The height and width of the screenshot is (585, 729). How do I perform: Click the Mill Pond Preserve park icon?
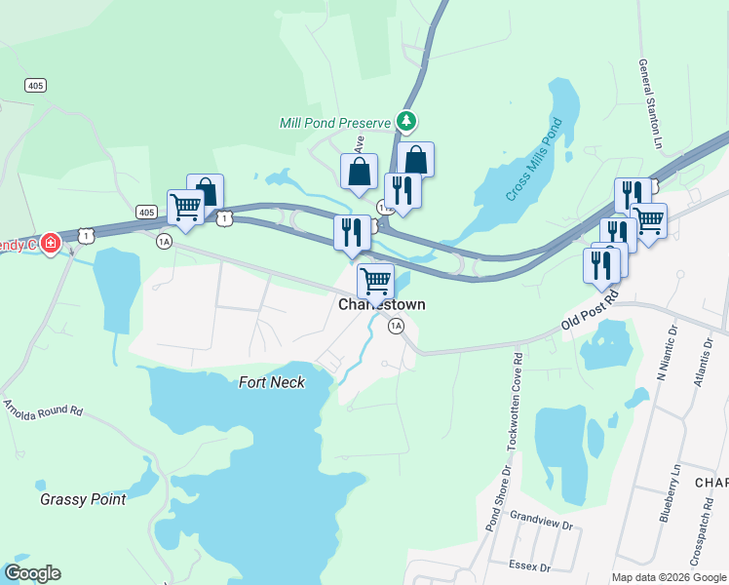pos(407,122)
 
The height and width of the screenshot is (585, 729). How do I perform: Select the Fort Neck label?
pos(272,382)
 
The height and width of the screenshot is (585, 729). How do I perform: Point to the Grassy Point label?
pos(83,499)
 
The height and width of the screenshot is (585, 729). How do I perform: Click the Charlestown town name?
pos(381,304)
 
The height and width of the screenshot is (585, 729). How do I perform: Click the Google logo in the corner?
pos(32,573)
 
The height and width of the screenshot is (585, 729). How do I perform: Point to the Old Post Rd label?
pos(591,307)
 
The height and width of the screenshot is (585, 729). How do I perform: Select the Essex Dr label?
pos(529,565)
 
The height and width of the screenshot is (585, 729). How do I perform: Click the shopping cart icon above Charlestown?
pos(375,281)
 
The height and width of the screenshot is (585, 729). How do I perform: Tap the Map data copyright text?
pos(669,577)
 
